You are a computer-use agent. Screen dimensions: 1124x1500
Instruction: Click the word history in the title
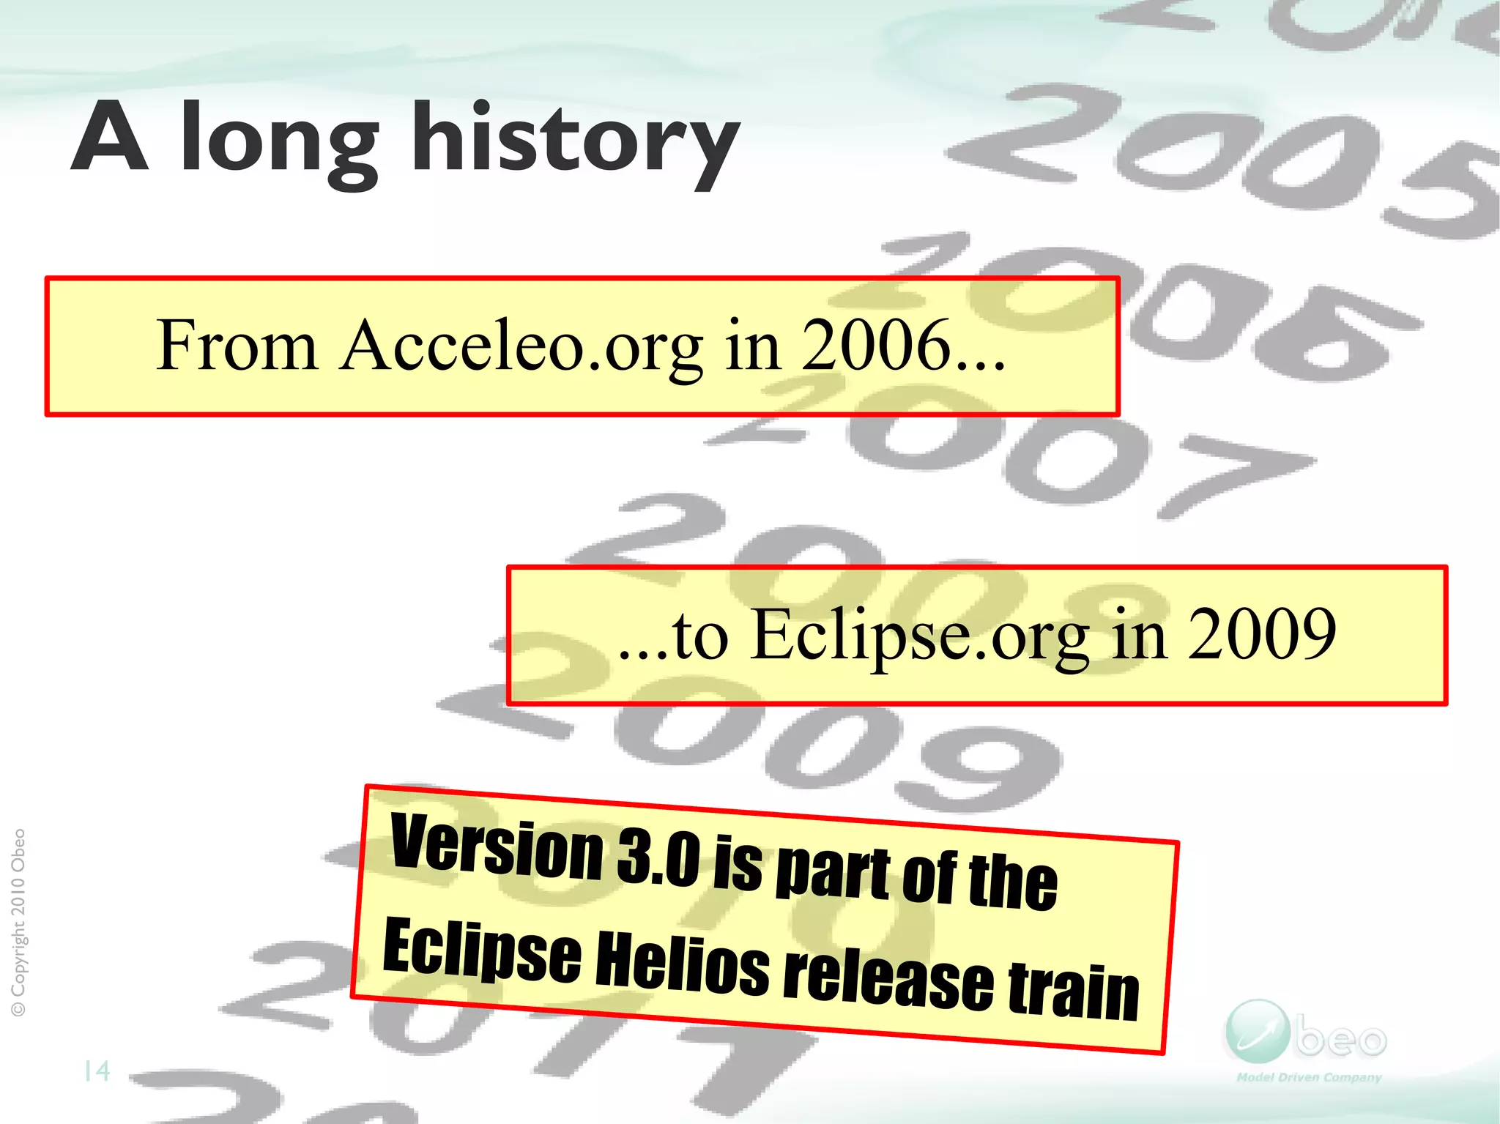coord(575,139)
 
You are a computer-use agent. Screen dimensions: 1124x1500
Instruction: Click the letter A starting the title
coord(110,137)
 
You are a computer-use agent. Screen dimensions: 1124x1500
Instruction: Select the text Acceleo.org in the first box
coord(521,346)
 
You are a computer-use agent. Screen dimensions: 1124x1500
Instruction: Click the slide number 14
coord(97,1071)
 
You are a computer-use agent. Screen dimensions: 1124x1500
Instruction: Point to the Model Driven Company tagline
coord(1308,1077)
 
